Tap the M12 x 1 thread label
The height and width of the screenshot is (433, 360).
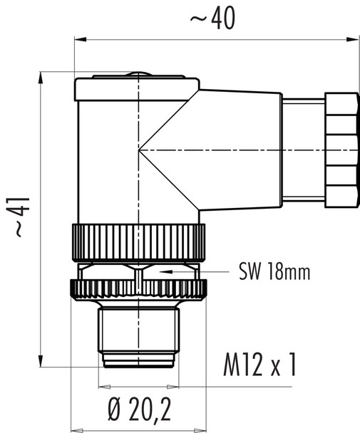256,366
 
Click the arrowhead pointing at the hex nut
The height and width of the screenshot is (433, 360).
165,272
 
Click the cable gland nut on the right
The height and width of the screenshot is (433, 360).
339,150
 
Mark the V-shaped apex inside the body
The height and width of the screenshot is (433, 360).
140,150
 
